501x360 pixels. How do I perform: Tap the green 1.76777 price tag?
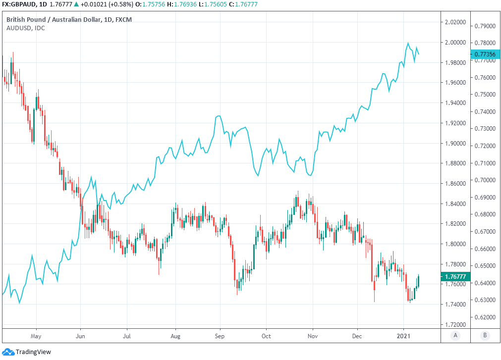(x=455, y=277)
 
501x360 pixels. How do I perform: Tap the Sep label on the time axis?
(x=220, y=335)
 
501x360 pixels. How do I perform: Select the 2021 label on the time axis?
(x=404, y=335)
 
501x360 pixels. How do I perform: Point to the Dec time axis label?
(x=357, y=335)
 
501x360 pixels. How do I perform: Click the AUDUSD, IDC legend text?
(x=26, y=28)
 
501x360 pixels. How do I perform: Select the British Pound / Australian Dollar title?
(x=55, y=19)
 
